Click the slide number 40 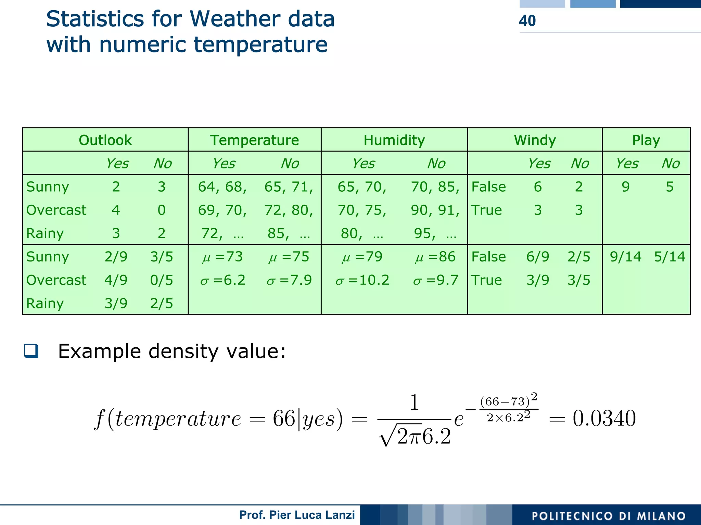click(527, 21)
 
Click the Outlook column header click(105, 140)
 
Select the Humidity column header click(394, 140)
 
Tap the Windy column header click(535, 140)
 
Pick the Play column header click(646, 140)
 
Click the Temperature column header click(254, 140)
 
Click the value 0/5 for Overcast click(162, 280)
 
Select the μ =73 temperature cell click(222, 257)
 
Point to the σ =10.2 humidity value click(362, 280)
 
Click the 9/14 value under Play click(625, 257)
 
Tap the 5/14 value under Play click(670, 257)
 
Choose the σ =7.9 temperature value click(289, 280)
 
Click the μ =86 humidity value click(435, 257)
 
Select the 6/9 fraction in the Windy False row click(538, 257)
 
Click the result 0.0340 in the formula click(604, 418)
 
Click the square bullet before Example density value click(31, 351)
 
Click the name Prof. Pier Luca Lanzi click(297, 515)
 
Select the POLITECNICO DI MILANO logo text click(609, 516)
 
